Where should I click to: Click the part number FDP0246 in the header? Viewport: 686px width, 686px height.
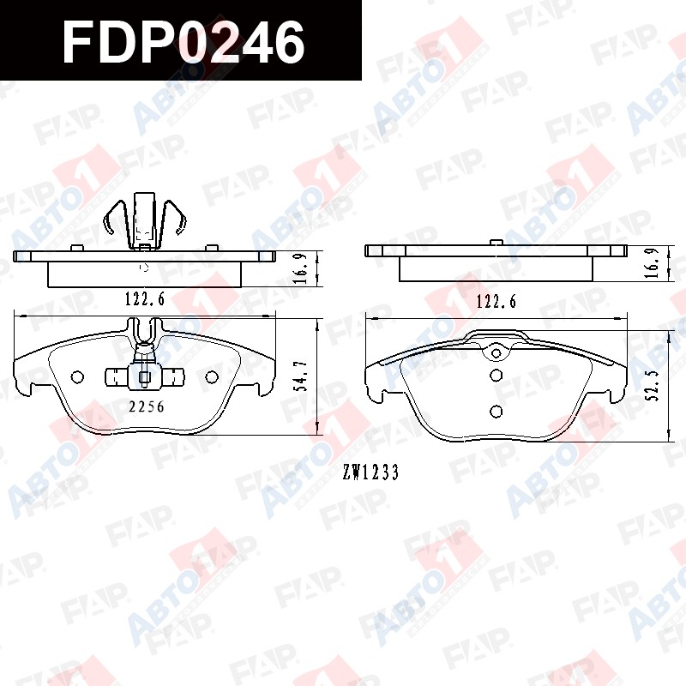click(x=184, y=42)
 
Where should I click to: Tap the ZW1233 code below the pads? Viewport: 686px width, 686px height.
click(x=370, y=472)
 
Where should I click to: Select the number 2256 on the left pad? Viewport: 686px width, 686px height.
click(x=147, y=406)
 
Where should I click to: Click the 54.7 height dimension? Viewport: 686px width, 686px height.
click(x=303, y=376)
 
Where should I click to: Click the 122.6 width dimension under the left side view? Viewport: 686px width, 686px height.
click(x=145, y=298)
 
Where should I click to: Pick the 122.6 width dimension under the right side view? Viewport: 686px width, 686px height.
click(x=496, y=301)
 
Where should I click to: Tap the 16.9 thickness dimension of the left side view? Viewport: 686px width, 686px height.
click(x=302, y=269)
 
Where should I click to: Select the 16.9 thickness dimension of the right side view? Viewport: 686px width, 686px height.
click(x=653, y=262)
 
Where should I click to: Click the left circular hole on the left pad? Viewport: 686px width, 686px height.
click(x=77, y=376)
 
